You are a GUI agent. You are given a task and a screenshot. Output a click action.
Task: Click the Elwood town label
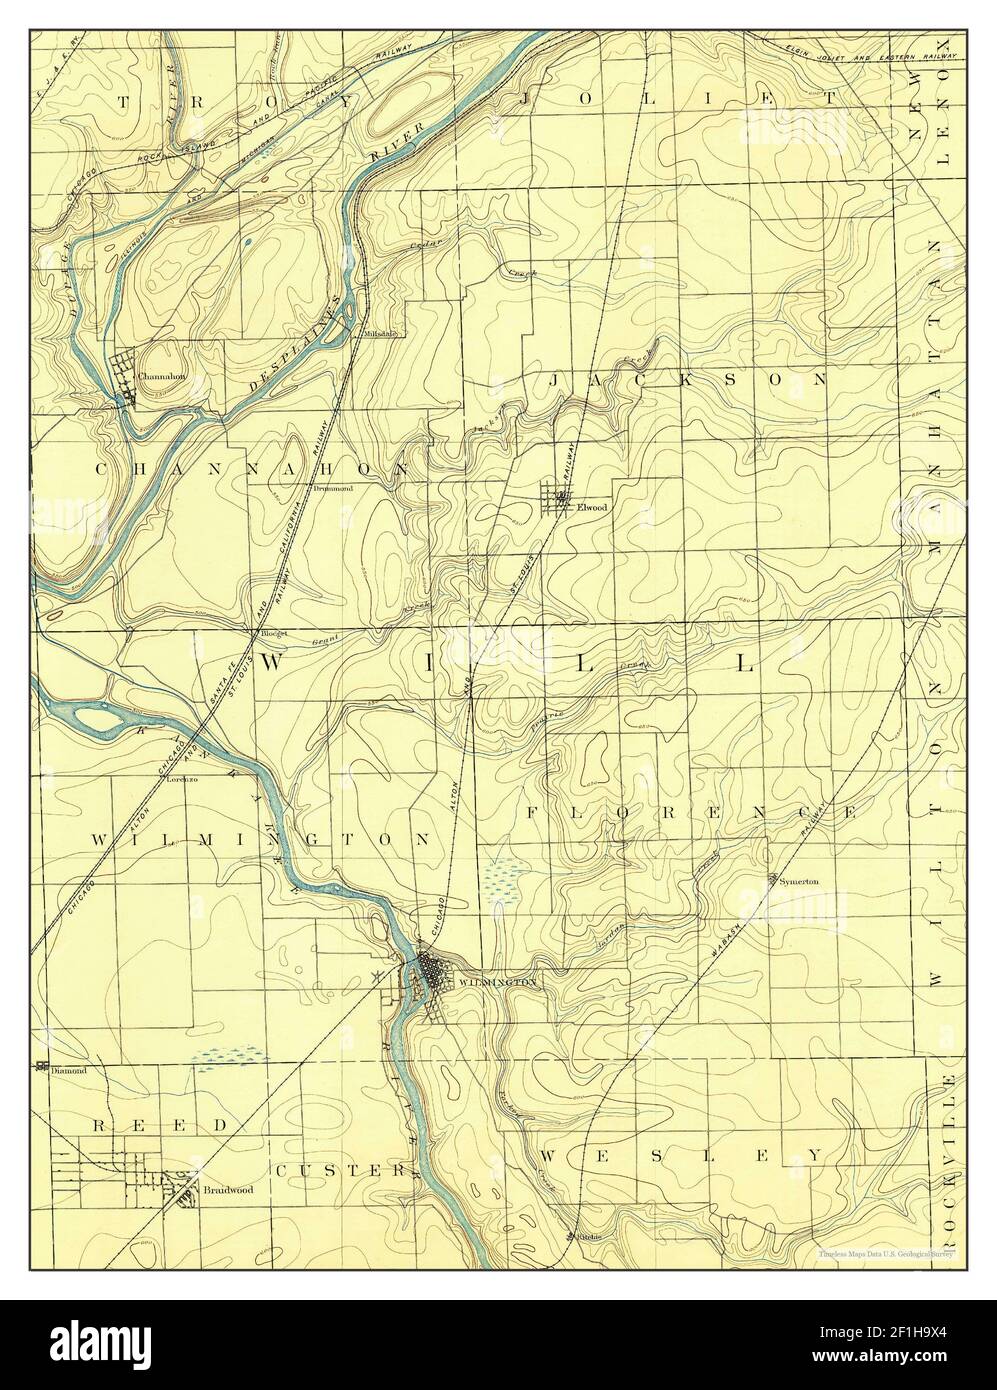coord(592,507)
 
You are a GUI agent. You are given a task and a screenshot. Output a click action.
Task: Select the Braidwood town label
coord(226,1190)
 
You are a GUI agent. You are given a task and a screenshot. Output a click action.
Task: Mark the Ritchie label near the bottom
coord(581,1236)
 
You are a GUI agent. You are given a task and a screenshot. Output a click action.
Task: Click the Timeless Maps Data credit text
coord(886,1253)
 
